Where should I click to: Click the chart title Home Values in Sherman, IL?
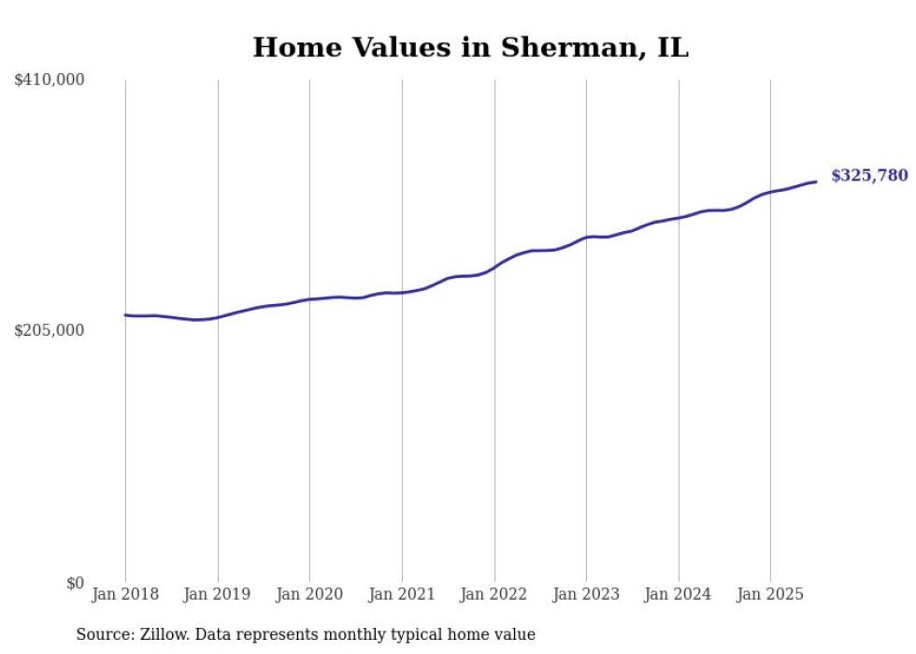click(x=470, y=48)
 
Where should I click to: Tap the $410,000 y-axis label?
click(x=50, y=80)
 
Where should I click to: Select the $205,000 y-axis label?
click(x=50, y=330)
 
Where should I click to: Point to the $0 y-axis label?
click(x=75, y=583)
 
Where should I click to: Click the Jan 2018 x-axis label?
click(x=125, y=594)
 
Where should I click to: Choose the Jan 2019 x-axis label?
click(x=218, y=594)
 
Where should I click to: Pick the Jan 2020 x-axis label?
click(x=310, y=594)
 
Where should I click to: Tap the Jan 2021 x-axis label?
click(x=402, y=594)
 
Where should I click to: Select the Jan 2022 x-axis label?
click(x=494, y=594)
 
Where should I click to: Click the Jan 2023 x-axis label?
click(x=586, y=594)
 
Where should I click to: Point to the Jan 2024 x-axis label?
click(x=679, y=594)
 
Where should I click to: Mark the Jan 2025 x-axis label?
click(x=770, y=594)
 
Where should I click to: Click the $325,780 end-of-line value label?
click(x=869, y=176)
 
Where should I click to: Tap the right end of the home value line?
click(x=816, y=182)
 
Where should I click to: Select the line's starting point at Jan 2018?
click(x=125, y=315)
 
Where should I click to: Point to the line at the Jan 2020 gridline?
click(x=310, y=299)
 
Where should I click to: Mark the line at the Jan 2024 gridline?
click(x=679, y=218)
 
